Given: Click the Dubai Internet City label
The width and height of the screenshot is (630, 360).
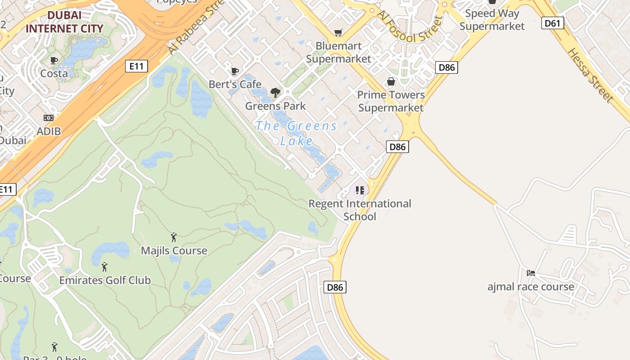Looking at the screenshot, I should click(64, 22).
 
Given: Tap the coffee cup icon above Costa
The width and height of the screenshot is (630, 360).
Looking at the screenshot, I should click(54, 60).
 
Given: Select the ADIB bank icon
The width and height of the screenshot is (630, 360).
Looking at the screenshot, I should click(49, 118).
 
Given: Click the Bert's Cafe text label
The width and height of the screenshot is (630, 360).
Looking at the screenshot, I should click(235, 84).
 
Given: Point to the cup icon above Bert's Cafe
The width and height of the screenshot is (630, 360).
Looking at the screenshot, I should click(234, 71).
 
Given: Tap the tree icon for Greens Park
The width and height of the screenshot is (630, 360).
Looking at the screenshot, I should click(275, 93).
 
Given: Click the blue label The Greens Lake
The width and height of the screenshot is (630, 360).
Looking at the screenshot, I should click(297, 133).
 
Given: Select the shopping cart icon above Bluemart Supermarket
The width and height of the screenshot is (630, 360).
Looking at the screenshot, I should click(338, 32).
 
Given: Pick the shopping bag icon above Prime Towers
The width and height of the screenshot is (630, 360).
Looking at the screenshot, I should click(391, 81).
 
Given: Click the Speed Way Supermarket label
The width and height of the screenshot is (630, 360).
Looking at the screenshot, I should click(492, 20).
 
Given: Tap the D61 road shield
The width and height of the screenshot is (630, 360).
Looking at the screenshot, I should click(553, 23).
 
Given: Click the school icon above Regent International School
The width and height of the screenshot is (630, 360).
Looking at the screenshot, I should click(360, 190).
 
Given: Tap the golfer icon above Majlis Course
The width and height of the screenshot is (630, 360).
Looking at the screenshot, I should click(174, 237).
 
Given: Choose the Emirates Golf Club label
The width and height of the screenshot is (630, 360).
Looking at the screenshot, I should click(105, 280).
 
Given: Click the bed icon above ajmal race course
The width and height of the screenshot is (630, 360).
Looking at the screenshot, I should click(531, 273).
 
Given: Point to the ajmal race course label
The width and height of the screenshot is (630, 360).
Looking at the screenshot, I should click(531, 287).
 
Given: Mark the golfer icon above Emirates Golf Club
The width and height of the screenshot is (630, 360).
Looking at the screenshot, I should click(105, 267).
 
